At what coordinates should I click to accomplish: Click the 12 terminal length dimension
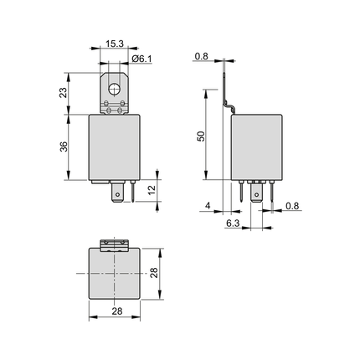tap(152, 190)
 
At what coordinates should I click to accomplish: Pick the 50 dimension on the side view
tap(201, 136)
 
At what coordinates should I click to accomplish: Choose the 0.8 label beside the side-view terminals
tap(290, 207)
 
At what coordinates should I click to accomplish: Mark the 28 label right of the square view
tap(153, 274)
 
